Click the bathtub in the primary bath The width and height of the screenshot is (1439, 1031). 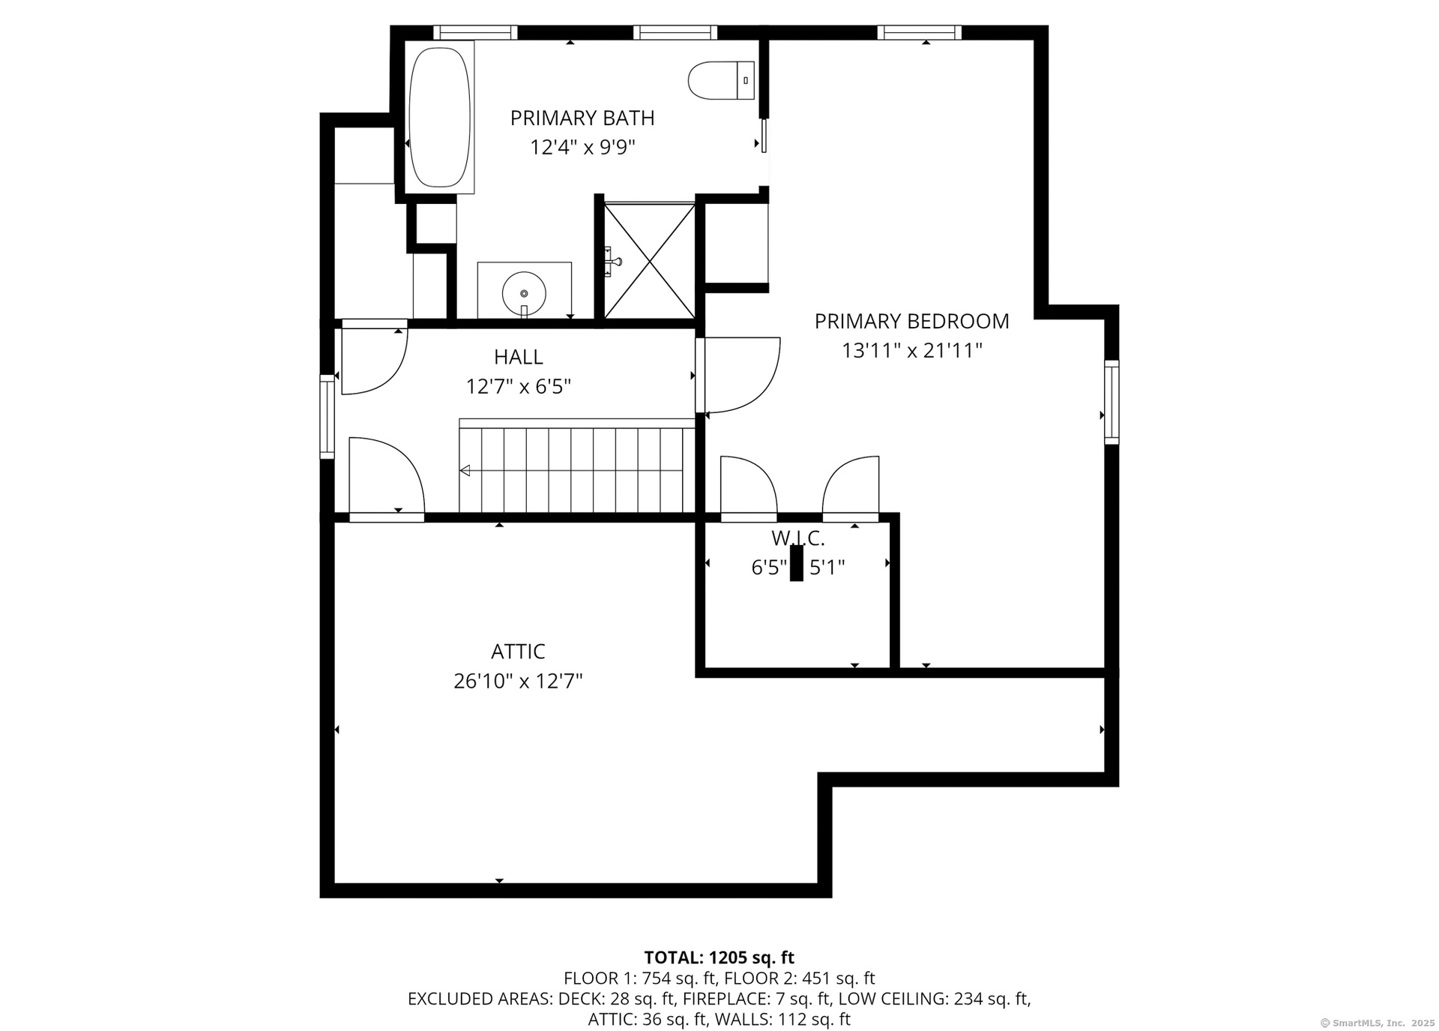point(440,117)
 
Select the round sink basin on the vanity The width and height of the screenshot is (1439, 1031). point(524,293)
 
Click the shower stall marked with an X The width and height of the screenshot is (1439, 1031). point(649,260)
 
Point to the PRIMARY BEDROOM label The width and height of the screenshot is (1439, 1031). point(911,321)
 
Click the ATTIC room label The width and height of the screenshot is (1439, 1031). point(518,651)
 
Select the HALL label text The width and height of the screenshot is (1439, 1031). point(518,357)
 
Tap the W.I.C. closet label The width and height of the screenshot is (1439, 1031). point(798,538)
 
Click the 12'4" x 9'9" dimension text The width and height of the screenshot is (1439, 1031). point(582,147)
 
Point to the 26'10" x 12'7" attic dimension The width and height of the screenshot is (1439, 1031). point(518,681)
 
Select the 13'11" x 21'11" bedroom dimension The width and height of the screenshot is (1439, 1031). point(911,350)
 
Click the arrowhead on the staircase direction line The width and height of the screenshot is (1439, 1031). point(465,471)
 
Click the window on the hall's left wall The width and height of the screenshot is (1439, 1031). point(327,416)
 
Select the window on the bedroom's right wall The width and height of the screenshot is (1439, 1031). point(1111,402)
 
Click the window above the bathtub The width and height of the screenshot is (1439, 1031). point(475,32)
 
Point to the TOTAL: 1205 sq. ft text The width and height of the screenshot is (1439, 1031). point(719,958)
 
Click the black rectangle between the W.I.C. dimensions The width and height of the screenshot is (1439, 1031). point(796,563)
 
